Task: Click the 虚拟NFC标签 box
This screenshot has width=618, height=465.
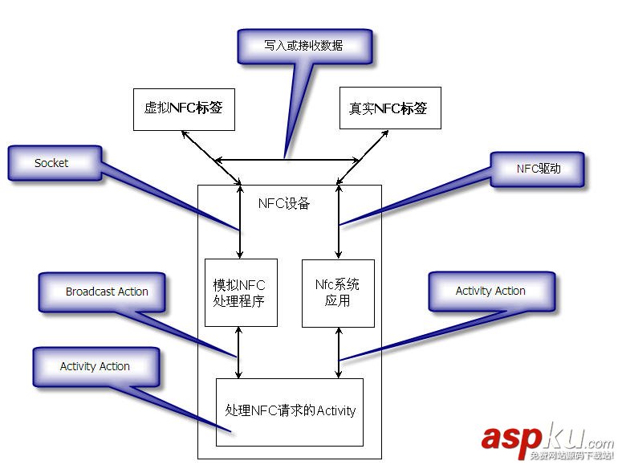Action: pos(184,109)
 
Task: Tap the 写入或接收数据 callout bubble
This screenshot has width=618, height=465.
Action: pos(304,47)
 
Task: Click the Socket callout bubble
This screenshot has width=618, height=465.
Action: pos(52,163)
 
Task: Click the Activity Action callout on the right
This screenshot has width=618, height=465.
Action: pos(490,291)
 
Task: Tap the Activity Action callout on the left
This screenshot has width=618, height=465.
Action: pos(95,366)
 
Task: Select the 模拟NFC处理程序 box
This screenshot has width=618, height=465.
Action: pos(240,293)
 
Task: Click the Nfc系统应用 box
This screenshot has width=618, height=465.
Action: pos(338,293)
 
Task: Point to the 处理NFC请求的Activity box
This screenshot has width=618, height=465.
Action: pos(290,411)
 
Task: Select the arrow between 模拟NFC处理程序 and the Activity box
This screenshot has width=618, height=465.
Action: pos(239,353)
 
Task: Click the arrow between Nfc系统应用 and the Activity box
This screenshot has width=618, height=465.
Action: pos(339,353)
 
